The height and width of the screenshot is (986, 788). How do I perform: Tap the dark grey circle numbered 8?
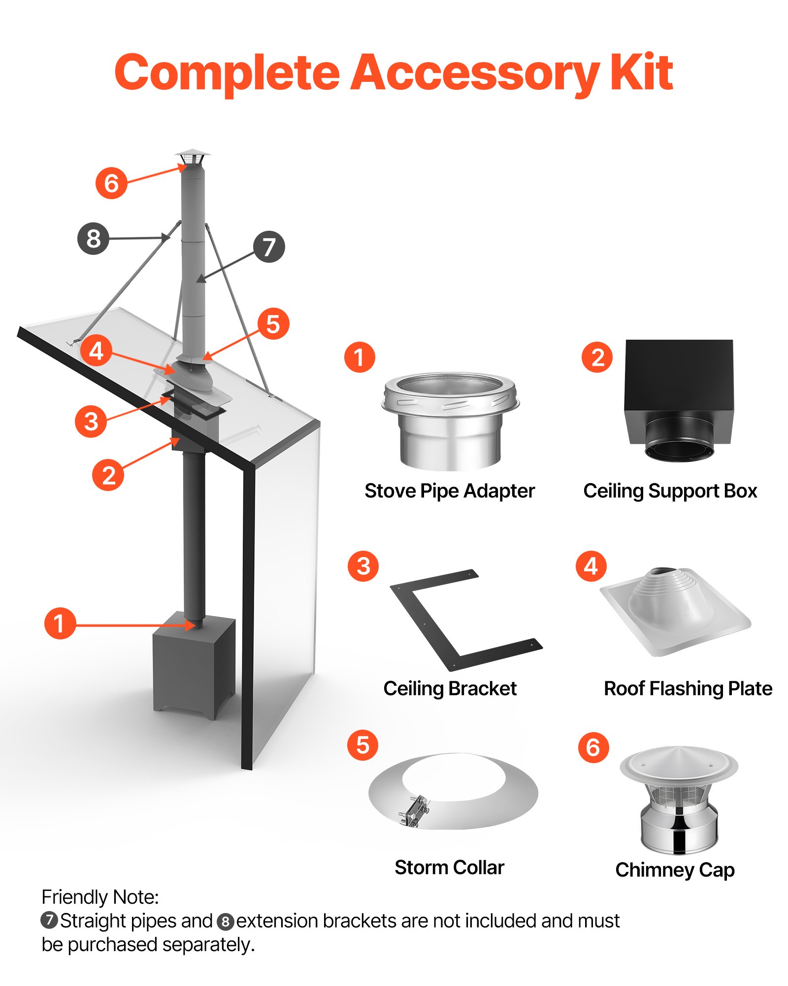[x=93, y=239]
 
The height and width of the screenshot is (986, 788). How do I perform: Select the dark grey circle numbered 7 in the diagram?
[x=269, y=246]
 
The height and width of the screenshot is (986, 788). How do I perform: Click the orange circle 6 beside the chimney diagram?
[x=111, y=183]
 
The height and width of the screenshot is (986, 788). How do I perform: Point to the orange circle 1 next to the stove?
[x=60, y=623]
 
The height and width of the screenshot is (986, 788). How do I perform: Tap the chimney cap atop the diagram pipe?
[x=192, y=158]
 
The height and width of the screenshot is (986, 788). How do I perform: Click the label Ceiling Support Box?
[x=670, y=491]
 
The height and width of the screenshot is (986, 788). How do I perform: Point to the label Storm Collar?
[x=449, y=868]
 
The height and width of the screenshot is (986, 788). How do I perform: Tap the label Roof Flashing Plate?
[x=688, y=688]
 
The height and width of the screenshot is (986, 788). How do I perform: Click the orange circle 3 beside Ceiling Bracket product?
[x=363, y=566]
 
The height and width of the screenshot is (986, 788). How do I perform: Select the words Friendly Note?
[x=100, y=897]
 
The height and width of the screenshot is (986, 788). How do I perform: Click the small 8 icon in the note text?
[x=225, y=921]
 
